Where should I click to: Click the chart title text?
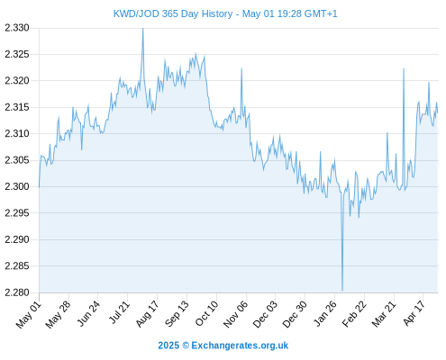point(225,13)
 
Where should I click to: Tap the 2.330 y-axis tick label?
point(17,28)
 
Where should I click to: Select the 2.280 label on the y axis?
point(17,292)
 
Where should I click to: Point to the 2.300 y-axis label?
point(17,186)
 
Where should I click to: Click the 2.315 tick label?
point(17,107)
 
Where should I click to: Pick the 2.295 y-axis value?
point(17,213)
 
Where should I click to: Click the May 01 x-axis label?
point(28,314)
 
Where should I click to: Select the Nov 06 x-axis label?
point(236,314)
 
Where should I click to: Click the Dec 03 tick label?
point(265,314)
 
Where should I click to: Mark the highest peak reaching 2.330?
point(143,29)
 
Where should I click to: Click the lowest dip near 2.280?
point(342,291)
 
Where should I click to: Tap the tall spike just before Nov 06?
point(241,69)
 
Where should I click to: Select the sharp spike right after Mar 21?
point(404,69)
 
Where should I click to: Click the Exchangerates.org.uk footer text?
point(240,346)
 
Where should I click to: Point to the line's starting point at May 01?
point(39,187)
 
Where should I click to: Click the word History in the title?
point(217,13)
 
